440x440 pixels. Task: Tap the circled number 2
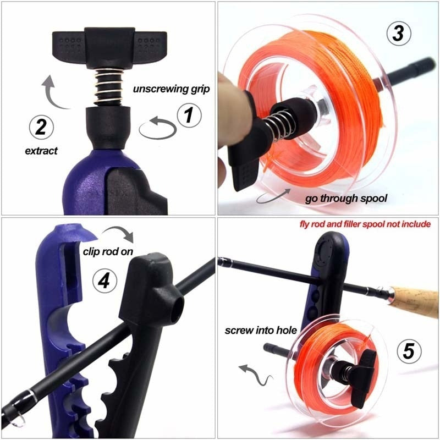tap(41, 128)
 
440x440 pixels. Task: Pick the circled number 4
tap(106, 280)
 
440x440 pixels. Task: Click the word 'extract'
tap(41, 150)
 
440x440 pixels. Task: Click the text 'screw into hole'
tap(261, 331)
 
